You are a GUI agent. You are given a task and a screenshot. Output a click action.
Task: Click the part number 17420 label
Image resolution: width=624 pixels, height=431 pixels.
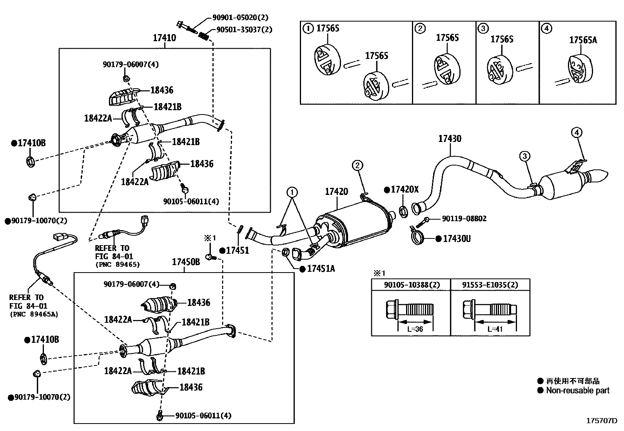click(x=336, y=191)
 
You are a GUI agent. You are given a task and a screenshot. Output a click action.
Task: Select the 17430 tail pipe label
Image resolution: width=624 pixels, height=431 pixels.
click(x=450, y=138)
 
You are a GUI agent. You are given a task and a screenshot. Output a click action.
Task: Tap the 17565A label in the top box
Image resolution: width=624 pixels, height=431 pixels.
click(x=583, y=40)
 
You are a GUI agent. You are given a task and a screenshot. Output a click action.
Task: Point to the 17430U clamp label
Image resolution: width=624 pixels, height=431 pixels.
click(x=457, y=238)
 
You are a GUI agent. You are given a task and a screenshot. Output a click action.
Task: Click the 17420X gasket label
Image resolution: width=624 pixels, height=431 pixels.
click(x=405, y=190)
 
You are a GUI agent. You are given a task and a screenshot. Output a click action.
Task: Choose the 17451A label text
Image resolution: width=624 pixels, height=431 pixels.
click(x=321, y=269)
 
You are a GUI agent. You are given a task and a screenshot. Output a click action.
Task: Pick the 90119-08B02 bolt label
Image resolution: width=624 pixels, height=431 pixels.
click(x=464, y=218)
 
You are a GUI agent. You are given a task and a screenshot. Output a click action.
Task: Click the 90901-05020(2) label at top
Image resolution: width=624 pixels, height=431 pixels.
click(x=240, y=17)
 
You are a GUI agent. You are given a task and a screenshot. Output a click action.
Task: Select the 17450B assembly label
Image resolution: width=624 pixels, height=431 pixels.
click(x=186, y=262)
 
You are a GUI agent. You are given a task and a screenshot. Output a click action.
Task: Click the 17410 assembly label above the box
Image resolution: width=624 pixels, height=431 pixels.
click(x=164, y=38)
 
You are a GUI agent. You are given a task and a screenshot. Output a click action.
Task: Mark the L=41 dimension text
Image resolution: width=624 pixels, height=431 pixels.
click(x=495, y=329)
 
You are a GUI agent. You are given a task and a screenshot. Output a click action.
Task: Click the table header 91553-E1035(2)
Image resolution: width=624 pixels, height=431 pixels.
click(x=490, y=285)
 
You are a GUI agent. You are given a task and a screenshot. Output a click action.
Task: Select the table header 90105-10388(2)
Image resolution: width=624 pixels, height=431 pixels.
click(x=410, y=285)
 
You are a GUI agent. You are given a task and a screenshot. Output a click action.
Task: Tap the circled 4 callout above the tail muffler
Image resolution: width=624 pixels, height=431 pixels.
click(x=577, y=133)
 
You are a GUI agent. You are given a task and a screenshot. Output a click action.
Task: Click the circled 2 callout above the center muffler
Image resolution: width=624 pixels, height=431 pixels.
click(x=357, y=165)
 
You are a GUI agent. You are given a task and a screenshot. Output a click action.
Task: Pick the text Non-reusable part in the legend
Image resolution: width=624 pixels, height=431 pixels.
click(x=578, y=390)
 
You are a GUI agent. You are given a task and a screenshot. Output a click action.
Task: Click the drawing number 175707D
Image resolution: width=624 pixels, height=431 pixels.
click(x=602, y=421)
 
